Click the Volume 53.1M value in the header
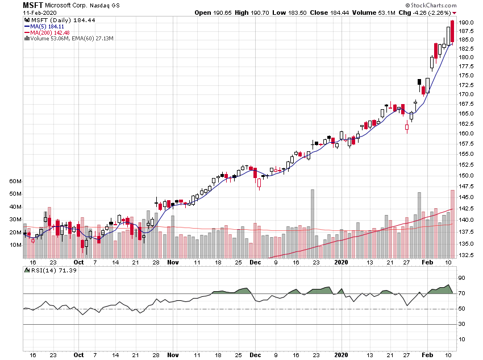point(365,13)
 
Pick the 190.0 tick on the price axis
point(467,23)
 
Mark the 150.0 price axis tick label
point(467,175)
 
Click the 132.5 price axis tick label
point(467,255)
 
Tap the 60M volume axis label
point(15,181)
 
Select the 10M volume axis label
point(15,245)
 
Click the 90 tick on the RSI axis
point(463,278)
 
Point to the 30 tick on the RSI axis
point(463,324)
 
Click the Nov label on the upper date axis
point(173,263)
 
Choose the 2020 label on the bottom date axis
point(341,355)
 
